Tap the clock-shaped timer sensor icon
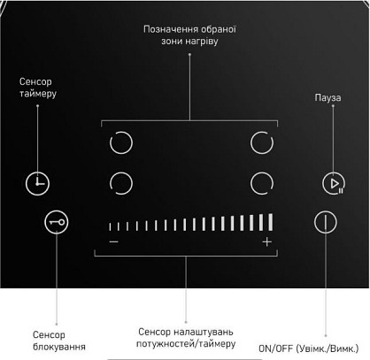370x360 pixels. pyautogui.click(x=37, y=183)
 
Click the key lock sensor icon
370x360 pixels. pyautogui.click(x=57, y=222)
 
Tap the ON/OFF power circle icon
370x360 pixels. pyautogui.click(x=326, y=222)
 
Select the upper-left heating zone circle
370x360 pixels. pyautogui.click(x=110, y=143)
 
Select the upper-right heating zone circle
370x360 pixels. pyautogui.click(x=251, y=143)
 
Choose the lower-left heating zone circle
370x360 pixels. pyautogui.click(x=110, y=183)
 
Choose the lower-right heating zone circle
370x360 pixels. pyautogui.click(x=251, y=183)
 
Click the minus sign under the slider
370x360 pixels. pyautogui.click(x=114, y=241)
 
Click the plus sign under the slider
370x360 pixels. pyautogui.click(x=267, y=242)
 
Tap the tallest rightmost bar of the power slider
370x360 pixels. pyautogui.click(x=271, y=222)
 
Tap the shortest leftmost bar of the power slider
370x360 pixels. pyautogui.click(x=110, y=226)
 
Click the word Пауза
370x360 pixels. pyautogui.click(x=328, y=97)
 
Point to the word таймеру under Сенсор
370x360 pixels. pyautogui.click(x=38, y=94)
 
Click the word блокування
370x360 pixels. pyautogui.click(x=59, y=347)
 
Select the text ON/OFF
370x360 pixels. pyautogui.click(x=275, y=349)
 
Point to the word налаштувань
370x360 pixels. pyautogui.click(x=204, y=333)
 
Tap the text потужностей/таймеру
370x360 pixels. pyautogui.click(x=186, y=344)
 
